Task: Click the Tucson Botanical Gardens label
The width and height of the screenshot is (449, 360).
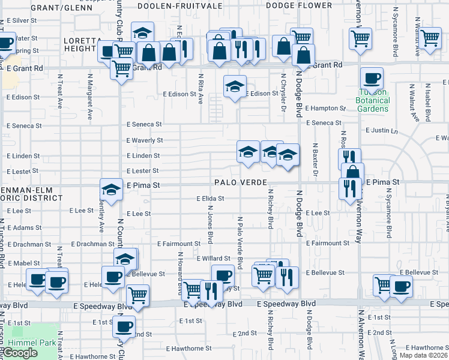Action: coord(373,100)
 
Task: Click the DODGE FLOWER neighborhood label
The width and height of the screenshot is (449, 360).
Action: coord(298,5)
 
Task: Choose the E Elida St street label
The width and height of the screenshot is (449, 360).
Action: coord(210,198)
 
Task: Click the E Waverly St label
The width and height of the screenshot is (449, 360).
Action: coord(144,140)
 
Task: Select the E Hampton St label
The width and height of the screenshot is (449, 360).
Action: coord(325,109)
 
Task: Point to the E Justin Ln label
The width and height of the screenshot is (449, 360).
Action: coord(382,130)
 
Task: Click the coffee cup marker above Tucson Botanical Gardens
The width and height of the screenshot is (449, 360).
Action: coord(372,79)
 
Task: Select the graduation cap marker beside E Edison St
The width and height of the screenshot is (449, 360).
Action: coord(235,86)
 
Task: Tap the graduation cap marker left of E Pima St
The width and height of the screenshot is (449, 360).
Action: coord(111,190)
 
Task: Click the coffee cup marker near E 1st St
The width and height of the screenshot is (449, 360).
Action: coord(125,326)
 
